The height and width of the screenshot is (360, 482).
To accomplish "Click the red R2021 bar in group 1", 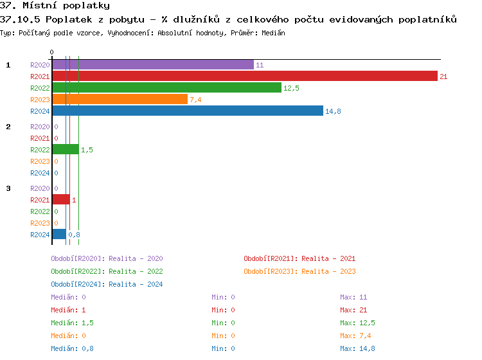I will (244, 76).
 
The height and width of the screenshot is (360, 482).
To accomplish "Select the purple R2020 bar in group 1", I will (153, 65).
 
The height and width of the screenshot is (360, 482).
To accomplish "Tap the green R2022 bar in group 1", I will (166, 88).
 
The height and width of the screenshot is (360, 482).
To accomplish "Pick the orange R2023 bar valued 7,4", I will (120, 100).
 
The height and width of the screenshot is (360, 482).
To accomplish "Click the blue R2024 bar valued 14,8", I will (187, 111).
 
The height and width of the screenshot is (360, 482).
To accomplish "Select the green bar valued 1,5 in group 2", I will (66, 150).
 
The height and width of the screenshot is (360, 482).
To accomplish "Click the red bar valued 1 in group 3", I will (61, 200).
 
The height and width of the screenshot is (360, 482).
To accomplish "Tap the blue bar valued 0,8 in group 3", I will (59, 235).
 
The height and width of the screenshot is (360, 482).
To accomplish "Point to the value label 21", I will (443, 76).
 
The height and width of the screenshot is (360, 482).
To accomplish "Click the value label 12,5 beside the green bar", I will (291, 88).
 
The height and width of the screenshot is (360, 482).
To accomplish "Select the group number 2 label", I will (8, 127).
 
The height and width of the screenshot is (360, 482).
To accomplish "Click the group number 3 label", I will (8, 188).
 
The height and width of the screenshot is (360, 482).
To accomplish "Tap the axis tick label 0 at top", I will (52, 52).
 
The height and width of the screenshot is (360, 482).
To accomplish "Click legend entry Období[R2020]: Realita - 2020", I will (107, 258).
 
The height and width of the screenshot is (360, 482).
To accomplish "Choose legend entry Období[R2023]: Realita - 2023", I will (299, 271).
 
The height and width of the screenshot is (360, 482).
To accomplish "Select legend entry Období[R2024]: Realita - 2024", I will (107, 284).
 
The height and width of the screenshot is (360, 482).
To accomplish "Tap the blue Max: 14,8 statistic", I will (357, 348).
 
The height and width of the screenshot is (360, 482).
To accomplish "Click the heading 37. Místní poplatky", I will (55, 6).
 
